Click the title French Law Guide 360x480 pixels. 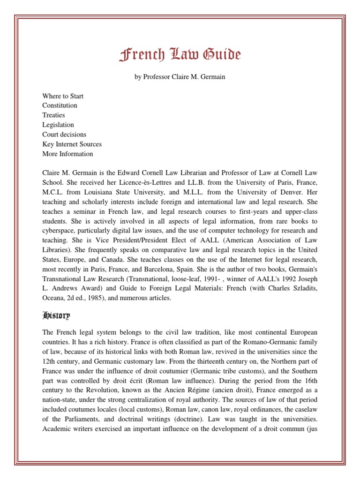tap(180, 56)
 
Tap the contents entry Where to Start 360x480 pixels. tap(63, 96)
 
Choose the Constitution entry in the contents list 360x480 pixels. tap(60, 105)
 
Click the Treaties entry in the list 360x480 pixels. tap(53, 115)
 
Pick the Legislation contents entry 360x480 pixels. tap(58, 125)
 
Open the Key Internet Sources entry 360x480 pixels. tap(72, 144)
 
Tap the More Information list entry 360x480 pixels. tap(67, 154)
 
